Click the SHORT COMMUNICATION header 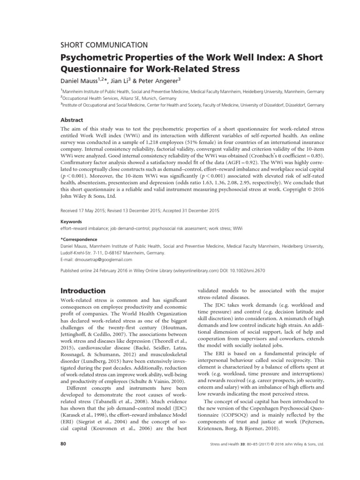105,45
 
